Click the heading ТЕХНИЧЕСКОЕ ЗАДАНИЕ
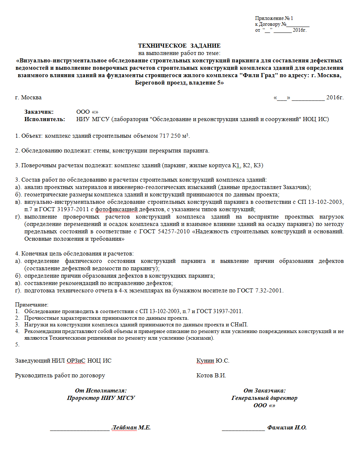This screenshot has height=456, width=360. tap(179, 46)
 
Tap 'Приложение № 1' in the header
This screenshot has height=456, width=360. tap(274, 18)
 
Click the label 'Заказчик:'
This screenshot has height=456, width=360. tap(39, 112)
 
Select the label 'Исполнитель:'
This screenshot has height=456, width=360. tap(45, 119)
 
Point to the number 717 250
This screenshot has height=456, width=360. tap(170, 136)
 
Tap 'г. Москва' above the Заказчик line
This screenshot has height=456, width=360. tap(28, 97)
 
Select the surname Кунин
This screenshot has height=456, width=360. tap(205, 361)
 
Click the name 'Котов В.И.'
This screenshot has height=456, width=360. tap(211, 376)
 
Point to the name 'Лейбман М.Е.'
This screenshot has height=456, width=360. tap(131, 428)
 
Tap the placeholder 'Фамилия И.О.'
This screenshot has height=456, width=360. tap(287, 428)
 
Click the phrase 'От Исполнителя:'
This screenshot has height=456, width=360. tap(101, 391)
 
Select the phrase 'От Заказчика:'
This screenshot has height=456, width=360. tap(264, 391)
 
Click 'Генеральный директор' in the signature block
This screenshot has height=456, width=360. tap(264, 398)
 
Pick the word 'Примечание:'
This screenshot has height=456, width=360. tap(32, 305)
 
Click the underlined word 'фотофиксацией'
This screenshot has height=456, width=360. tap(116, 210)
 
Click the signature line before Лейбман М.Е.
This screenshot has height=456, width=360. tap(80, 429)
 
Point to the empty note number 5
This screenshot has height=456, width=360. tap(17, 344)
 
